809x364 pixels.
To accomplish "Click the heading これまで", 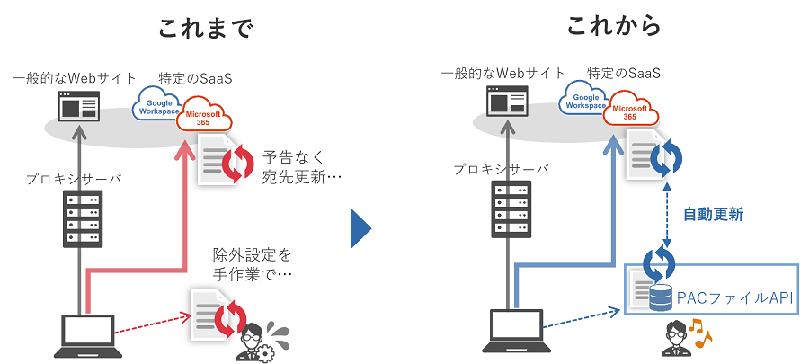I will coord(206,28).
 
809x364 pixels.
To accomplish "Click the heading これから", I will coord(614,27).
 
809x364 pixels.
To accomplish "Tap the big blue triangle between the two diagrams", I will coord(360,229).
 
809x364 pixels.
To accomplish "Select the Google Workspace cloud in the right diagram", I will coord(585,102).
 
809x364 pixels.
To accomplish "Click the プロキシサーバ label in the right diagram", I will coord(500,168).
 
